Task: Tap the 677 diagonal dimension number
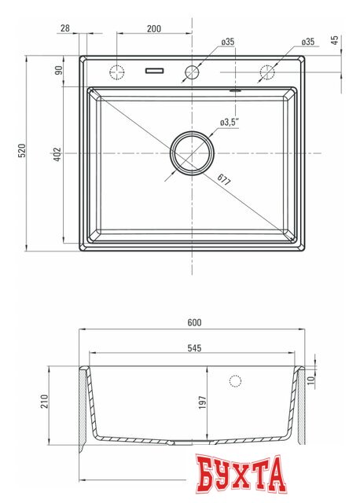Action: [224, 179]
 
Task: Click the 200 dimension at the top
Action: [153, 28]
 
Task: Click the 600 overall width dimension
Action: [195, 323]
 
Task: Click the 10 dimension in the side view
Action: [312, 380]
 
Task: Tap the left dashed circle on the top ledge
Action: [117, 72]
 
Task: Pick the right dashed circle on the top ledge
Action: [267, 72]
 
